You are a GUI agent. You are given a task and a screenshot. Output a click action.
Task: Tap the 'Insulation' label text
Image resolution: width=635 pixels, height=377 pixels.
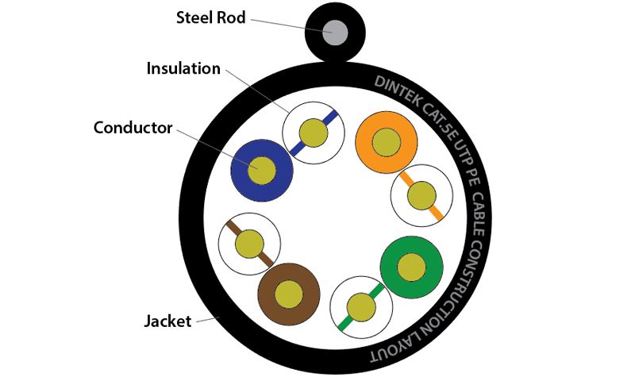coord(183,68)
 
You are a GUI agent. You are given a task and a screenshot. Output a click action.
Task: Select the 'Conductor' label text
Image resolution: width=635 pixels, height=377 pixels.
coord(133,127)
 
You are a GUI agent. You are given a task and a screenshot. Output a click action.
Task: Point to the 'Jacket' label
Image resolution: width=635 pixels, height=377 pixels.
coord(167,321)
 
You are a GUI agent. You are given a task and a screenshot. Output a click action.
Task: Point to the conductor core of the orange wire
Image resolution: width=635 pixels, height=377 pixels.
coord(387,142)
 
